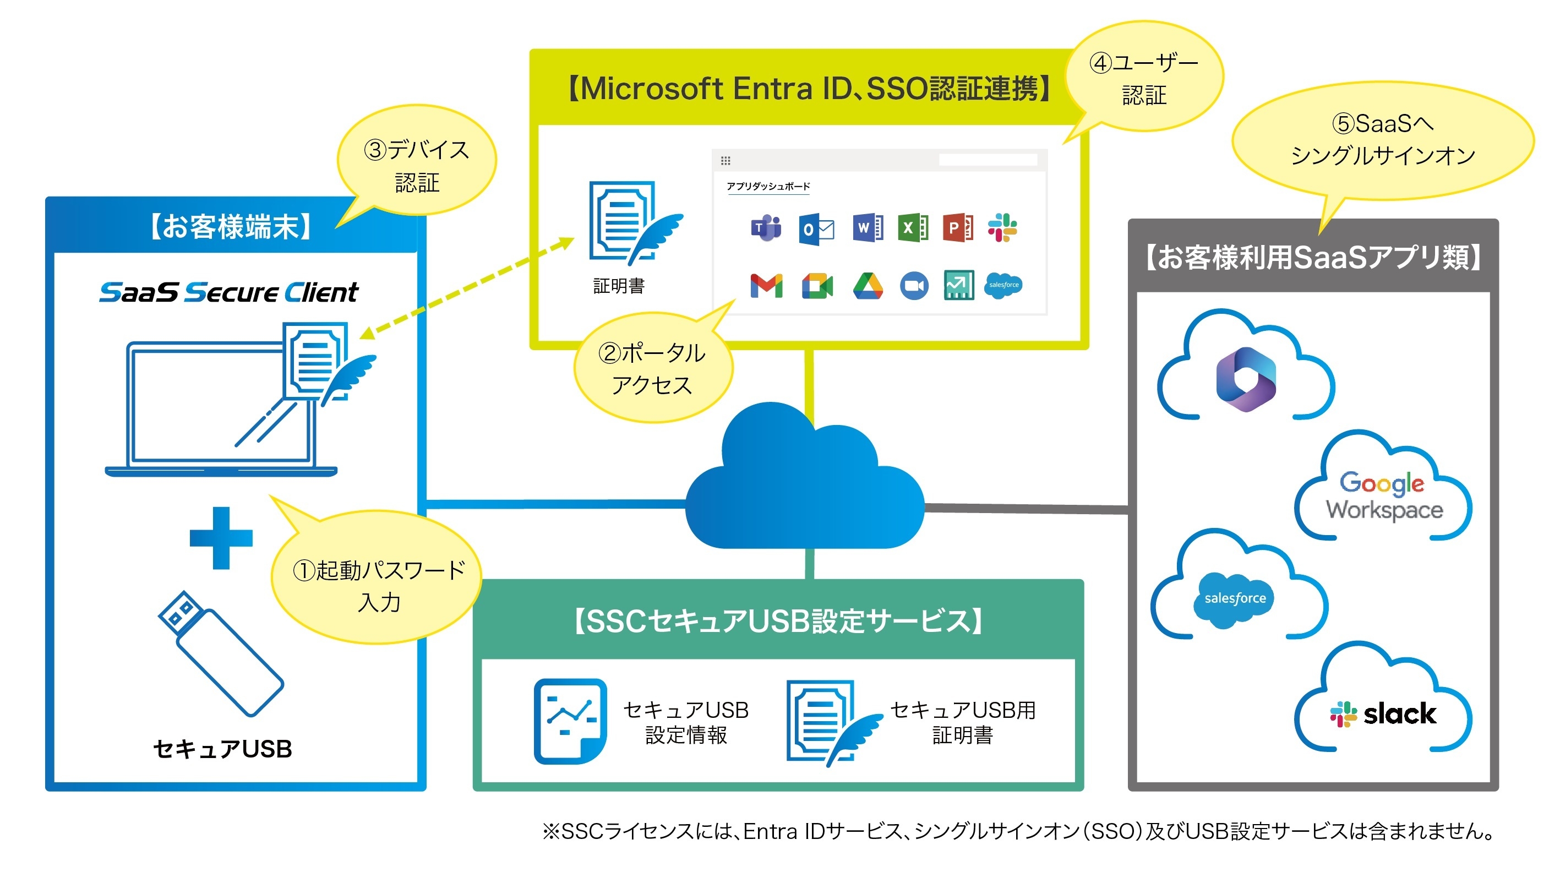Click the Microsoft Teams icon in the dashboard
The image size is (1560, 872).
click(766, 228)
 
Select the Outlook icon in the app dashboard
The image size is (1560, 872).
click(816, 229)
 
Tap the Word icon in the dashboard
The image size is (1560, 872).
click(866, 228)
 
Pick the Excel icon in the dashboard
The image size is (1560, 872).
click(913, 228)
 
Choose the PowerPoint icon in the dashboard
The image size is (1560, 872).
click(957, 228)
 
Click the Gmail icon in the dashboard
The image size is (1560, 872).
click(766, 286)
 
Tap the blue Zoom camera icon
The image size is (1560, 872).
click(914, 286)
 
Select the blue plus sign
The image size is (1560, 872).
click(221, 538)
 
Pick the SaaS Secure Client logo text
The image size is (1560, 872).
click(229, 292)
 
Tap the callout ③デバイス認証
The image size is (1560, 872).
click(417, 165)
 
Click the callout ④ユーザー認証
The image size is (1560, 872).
click(1143, 79)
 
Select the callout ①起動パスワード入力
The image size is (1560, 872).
click(379, 585)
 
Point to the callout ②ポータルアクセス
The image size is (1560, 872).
click(652, 368)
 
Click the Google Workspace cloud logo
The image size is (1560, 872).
click(1384, 495)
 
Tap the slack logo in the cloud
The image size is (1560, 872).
click(1383, 714)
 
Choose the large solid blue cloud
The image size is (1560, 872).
click(804, 484)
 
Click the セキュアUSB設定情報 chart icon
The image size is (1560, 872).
click(570, 721)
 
